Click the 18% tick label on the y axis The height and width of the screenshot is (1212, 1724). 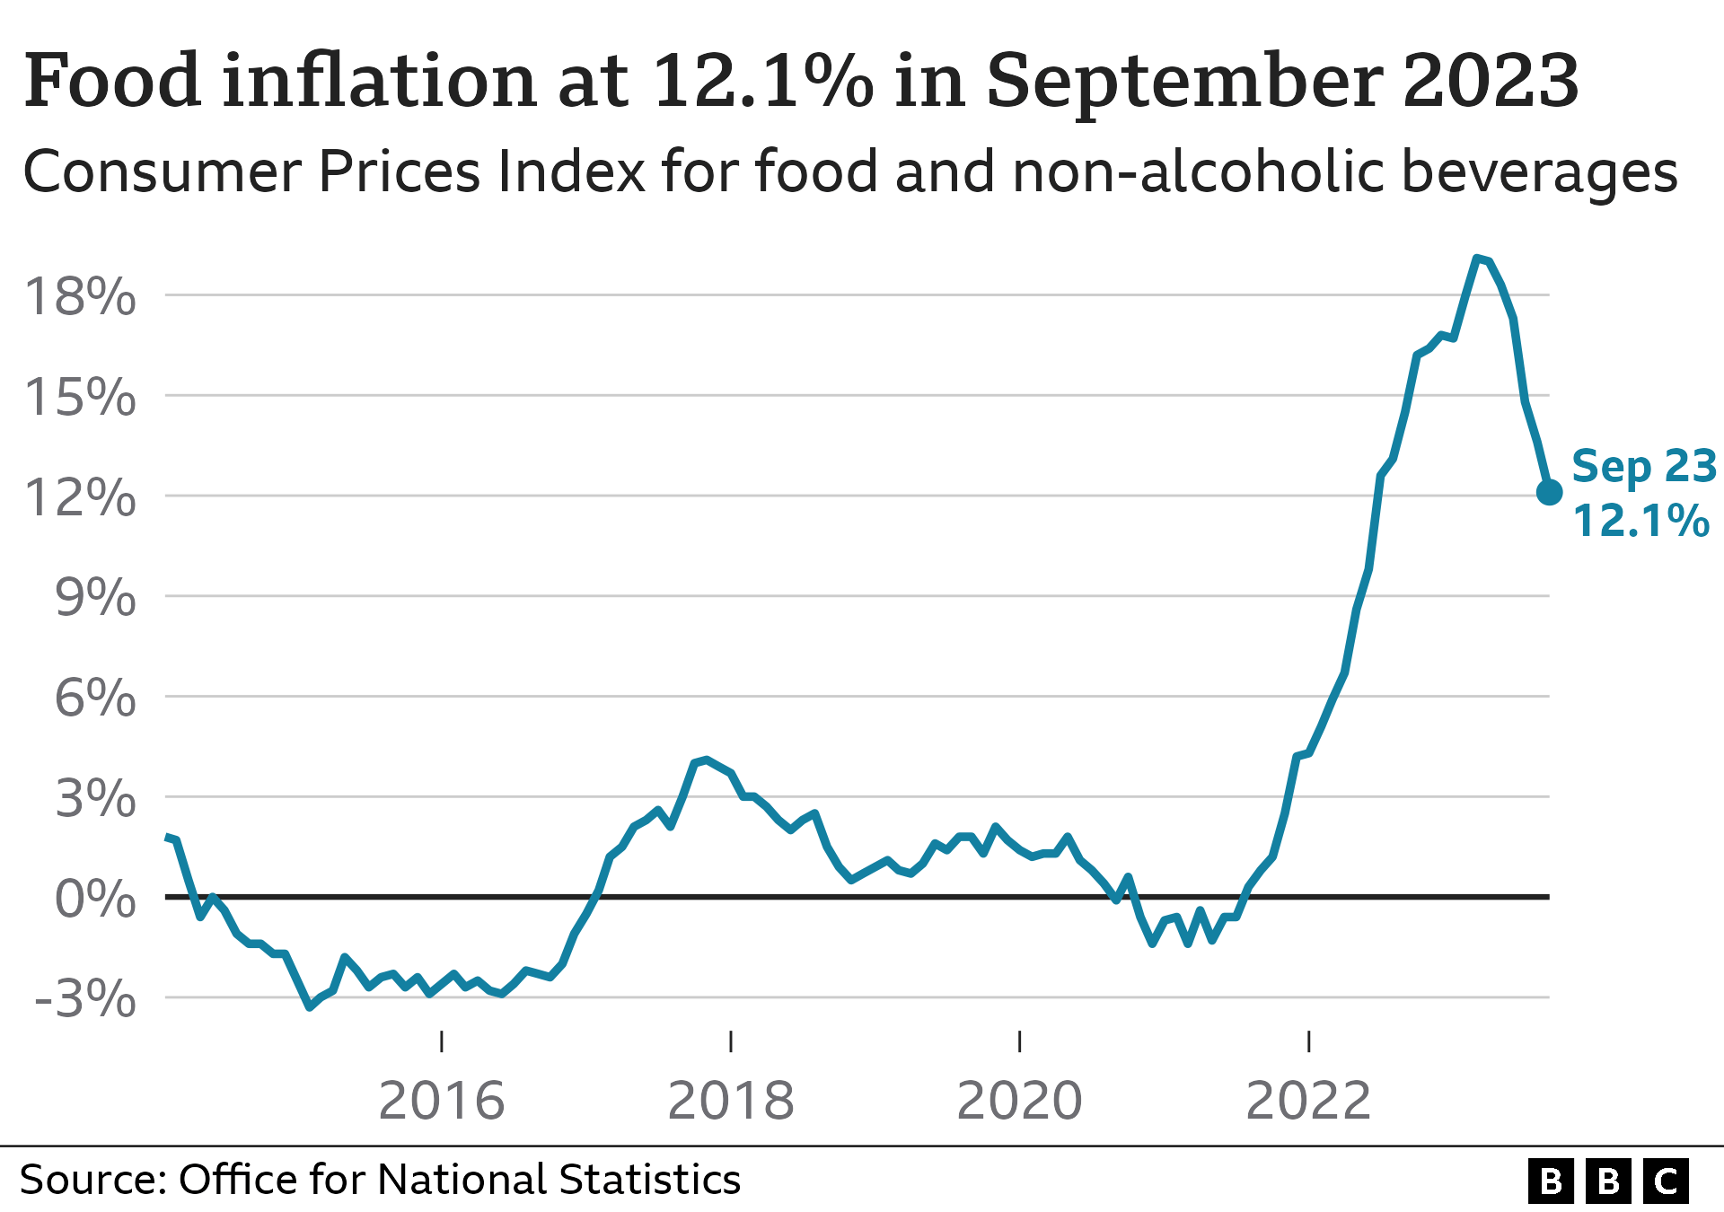coord(81,296)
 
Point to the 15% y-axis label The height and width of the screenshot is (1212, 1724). coord(81,397)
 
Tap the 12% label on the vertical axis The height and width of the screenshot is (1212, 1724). coord(81,497)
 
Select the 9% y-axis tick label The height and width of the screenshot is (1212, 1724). coord(95,597)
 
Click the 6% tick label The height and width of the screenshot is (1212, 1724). coord(95,698)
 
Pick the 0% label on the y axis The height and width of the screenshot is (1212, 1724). coord(95,899)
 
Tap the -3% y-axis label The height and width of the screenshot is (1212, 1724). coord(85,999)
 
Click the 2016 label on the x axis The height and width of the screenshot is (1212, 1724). coord(442,1101)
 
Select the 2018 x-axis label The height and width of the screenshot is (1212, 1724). coord(731,1101)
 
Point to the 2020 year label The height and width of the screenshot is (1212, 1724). coord(1020,1101)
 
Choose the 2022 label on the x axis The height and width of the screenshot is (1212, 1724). coord(1309,1101)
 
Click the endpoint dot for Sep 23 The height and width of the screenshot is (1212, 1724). coord(1549,492)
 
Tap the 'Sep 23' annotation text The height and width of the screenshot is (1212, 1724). coord(1644,467)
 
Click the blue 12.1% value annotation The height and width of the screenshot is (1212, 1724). coord(1641,521)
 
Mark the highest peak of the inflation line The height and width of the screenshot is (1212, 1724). coord(1477,259)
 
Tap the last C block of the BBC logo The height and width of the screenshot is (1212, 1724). coord(1666,1181)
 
